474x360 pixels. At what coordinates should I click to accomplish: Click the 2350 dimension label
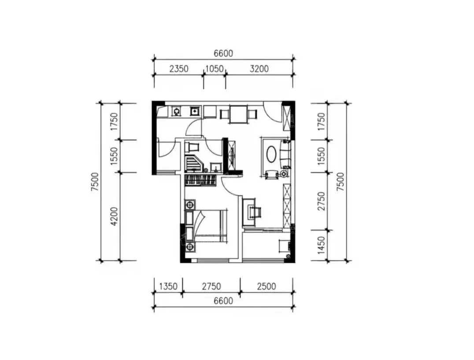(179, 69)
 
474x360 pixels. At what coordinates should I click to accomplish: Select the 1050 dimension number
(215, 69)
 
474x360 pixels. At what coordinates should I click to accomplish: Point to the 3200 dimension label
(259, 69)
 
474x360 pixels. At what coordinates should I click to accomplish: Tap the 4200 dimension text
(114, 216)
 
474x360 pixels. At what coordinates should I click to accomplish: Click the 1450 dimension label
(321, 245)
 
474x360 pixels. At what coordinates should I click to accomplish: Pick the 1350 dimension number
(168, 286)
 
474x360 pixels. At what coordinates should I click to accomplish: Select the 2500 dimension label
(267, 286)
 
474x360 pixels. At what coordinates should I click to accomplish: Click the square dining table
(238, 114)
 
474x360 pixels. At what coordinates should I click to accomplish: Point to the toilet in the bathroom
(192, 147)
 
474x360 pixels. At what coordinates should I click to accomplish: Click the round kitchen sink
(176, 112)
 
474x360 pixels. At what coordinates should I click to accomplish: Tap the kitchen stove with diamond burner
(195, 111)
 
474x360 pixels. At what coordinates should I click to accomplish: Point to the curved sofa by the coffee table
(286, 154)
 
